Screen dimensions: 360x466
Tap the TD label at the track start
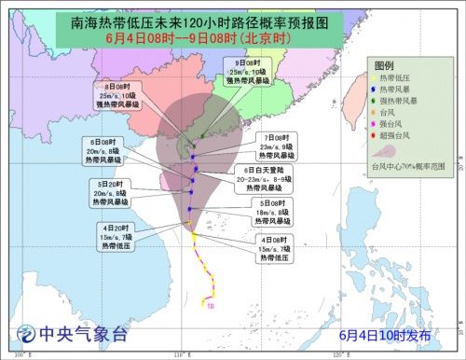click(x=211, y=304)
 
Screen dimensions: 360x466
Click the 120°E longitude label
click(x=340, y=355)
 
